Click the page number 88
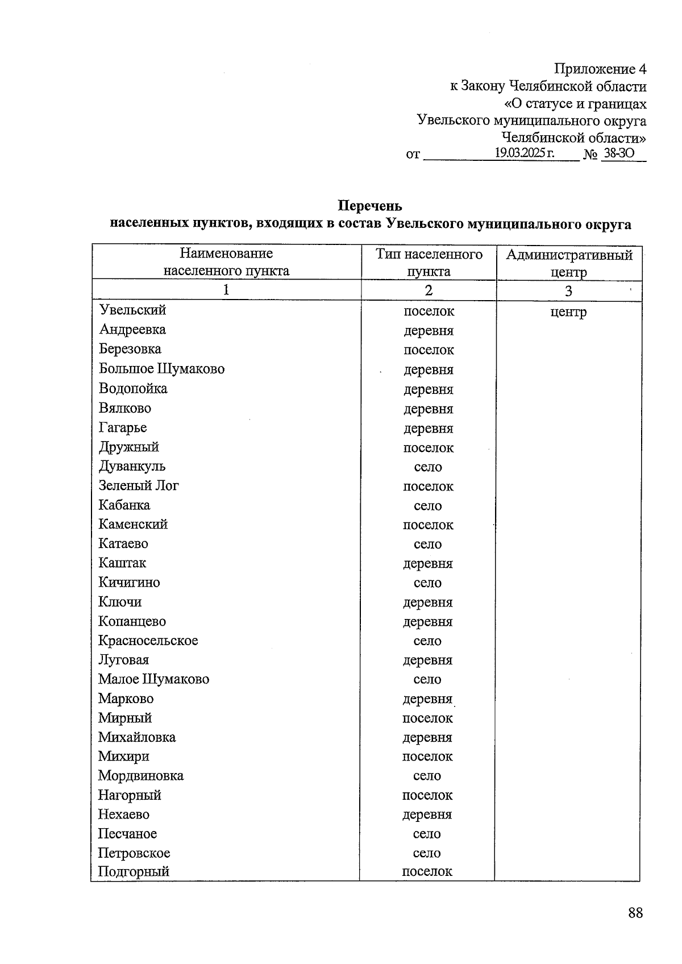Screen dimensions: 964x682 pyautogui.click(x=635, y=913)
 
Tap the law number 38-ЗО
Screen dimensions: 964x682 pyautogui.click(x=619, y=153)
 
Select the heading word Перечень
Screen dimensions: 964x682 pyautogui.click(x=370, y=206)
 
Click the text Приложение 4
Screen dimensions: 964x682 pyautogui.click(x=600, y=69)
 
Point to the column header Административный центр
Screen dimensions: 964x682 pyautogui.click(x=569, y=263)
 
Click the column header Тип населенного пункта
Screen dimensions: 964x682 pyautogui.click(x=429, y=262)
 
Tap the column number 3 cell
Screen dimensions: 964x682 pyautogui.click(x=568, y=291)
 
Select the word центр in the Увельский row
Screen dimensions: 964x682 pyautogui.click(x=568, y=312)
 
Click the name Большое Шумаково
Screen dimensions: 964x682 pyautogui.click(x=161, y=369)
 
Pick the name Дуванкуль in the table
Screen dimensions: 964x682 pyautogui.click(x=132, y=466)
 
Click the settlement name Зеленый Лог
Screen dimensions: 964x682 pyautogui.click(x=138, y=485)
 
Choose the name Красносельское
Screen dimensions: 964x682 pyautogui.click(x=148, y=641)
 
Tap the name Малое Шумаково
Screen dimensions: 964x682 pyautogui.click(x=153, y=679)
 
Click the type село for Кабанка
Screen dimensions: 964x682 pyautogui.click(x=428, y=506)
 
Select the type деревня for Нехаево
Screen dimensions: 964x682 pyautogui.click(x=427, y=815)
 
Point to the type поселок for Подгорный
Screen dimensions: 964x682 pyautogui.click(x=427, y=871)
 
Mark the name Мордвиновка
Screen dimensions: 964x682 pyautogui.click(x=140, y=776)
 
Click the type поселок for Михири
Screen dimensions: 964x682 pyautogui.click(x=427, y=757)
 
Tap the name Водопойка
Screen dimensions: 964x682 pyautogui.click(x=133, y=389)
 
